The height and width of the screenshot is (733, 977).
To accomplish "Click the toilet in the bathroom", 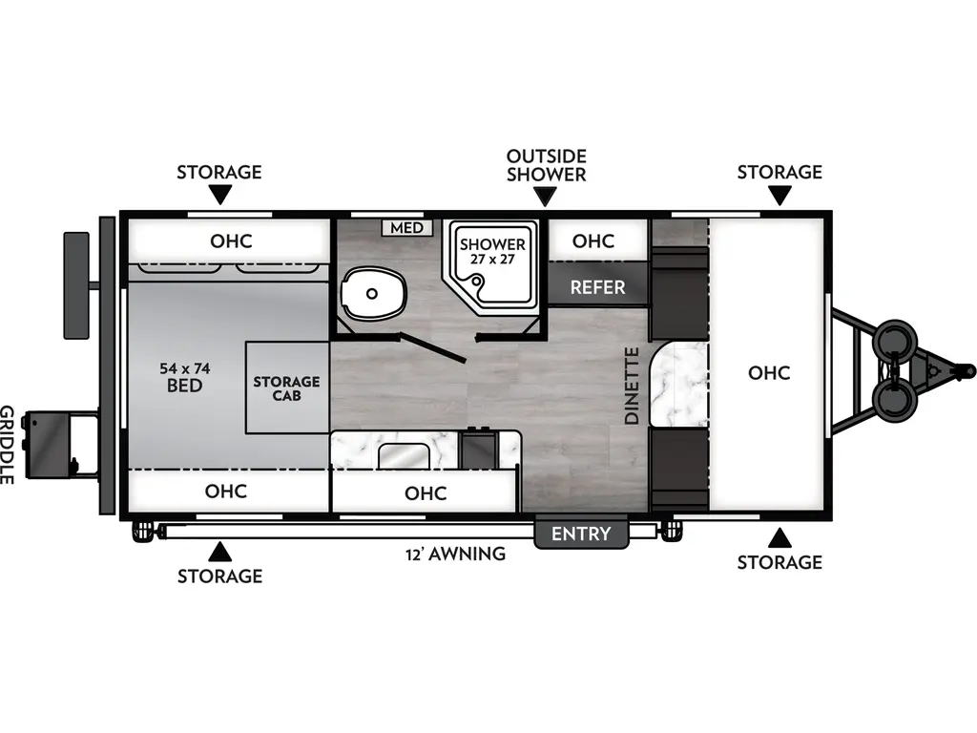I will click(x=373, y=294).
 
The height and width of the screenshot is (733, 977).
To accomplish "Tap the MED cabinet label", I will click(x=407, y=228).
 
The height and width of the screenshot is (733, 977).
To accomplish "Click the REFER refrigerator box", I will click(x=598, y=286).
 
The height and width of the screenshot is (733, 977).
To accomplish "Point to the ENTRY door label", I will click(x=581, y=534).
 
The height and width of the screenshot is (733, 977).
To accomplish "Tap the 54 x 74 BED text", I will click(x=184, y=377).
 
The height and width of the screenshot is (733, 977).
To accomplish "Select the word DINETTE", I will click(x=632, y=386).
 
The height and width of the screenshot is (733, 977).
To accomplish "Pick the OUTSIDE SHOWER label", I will click(x=546, y=164).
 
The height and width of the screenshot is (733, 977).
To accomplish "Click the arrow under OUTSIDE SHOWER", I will click(x=546, y=197).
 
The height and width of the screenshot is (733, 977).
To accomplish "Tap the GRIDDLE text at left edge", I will click(x=8, y=445).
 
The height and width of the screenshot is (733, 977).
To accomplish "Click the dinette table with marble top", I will click(x=678, y=384).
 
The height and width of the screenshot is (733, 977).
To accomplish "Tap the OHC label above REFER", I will click(x=593, y=241).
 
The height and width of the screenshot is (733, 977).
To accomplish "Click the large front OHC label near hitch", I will click(x=769, y=372).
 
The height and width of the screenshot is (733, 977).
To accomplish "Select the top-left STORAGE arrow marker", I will click(x=219, y=196).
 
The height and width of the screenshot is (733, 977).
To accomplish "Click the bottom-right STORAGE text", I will click(x=780, y=562).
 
